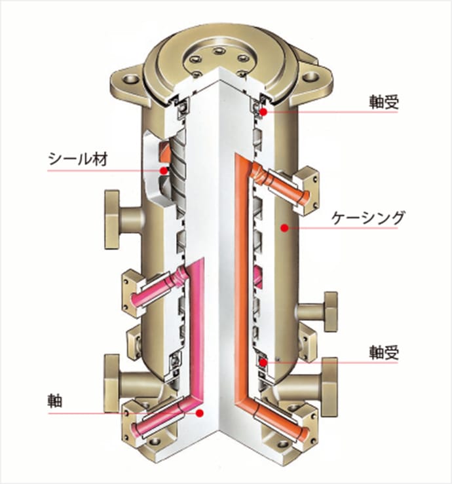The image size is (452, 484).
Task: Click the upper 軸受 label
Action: [x=384, y=102]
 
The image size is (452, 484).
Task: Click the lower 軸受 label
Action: [x=384, y=353]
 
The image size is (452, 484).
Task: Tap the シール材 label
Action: [x=78, y=159]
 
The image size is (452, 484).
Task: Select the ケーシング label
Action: [x=367, y=218]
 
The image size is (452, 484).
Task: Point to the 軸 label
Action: [x=54, y=401]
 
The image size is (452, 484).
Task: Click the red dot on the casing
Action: [x=284, y=228]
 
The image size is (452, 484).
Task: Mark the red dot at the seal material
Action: [x=163, y=170]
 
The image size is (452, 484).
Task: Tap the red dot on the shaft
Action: [x=200, y=413]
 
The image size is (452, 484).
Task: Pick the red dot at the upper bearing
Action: [x=263, y=111]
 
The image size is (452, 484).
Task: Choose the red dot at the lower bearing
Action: [x=263, y=363]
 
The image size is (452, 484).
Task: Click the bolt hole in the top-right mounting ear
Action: [x=310, y=77]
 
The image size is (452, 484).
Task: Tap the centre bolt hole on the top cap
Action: [x=219, y=50]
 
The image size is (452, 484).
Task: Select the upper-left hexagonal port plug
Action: [x=113, y=219]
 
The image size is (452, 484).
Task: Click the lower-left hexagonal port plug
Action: [x=112, y=383]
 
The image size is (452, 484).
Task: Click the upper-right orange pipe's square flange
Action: [x=307, y=191]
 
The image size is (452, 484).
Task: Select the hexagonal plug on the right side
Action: [x=330, y=311]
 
